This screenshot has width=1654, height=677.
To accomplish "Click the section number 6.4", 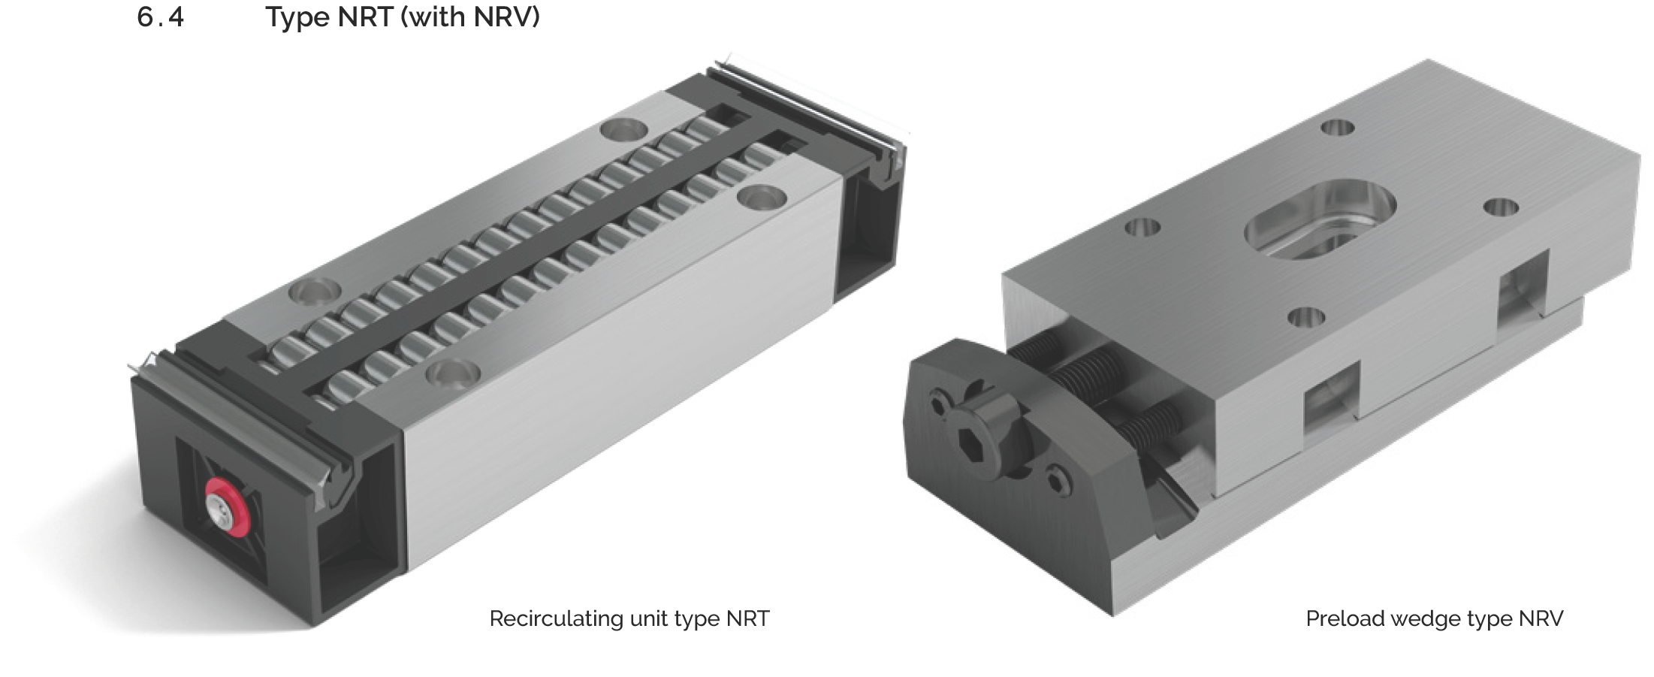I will coord(160,17).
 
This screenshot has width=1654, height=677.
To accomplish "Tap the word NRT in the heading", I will coord(365,17).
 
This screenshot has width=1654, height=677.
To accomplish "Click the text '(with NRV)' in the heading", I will coord(470,17).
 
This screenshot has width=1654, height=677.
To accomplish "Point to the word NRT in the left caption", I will coord(747,618).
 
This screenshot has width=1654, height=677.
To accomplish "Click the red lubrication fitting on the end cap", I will coord(225,506).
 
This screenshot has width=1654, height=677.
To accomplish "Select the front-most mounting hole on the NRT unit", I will coord(452,372).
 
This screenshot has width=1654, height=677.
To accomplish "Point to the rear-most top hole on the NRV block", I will coord(1336,128).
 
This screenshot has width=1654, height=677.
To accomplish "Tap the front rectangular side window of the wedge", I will coord(1331,399).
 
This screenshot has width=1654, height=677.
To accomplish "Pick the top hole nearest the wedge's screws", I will coord(1305,317).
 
